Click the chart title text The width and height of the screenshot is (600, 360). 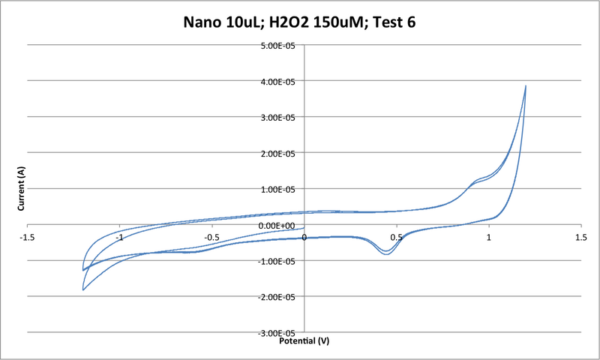pyautogui.click(x=300, y=22)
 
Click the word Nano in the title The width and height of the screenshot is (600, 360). pyautogui.click(x=205, y=22)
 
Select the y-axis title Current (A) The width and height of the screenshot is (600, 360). pyautogui.click(x=22, y=189)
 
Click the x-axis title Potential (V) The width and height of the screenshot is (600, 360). pyautogui.click(x=304, y=340)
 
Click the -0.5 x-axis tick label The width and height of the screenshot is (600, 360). pyautogui.click(x=212, y=237)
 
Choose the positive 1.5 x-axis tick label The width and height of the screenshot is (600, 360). pyautogui.click(x=580, y=237)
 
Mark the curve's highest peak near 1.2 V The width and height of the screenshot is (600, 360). pyautogui.click(x=526, y=85)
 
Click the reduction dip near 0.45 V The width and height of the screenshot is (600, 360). pyautogui.click(x=387, y=253)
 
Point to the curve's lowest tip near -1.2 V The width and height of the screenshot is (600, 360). pyautogui.click(x=83, y=289)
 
